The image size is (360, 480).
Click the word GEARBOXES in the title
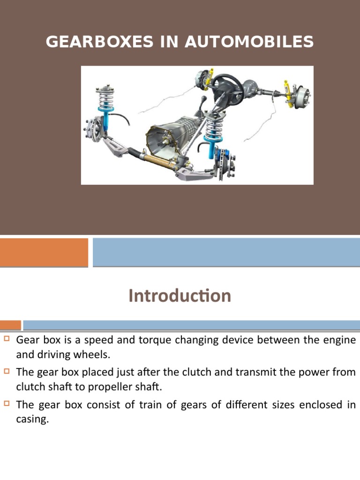[99, 42]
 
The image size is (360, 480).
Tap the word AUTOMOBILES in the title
[249, 42]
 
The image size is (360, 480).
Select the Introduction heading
[180, 296]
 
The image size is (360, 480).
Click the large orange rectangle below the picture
[44, 252]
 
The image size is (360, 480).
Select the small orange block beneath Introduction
[10, 325]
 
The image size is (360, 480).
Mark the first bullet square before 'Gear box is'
[7, 338]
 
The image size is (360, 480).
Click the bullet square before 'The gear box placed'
[7, 371]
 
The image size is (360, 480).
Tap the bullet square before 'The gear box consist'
[7, 404]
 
